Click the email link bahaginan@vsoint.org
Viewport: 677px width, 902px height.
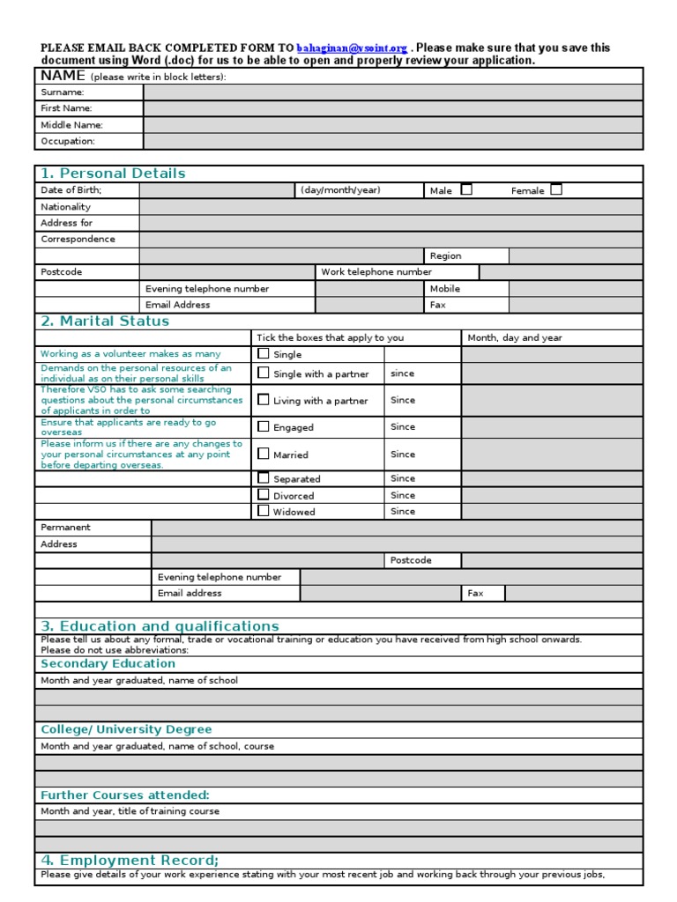(x=352, y=48)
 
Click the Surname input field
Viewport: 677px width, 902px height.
(x=392, y=92)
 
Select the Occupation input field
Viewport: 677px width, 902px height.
(x=392, y=141)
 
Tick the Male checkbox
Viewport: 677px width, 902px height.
(x=466, y=189)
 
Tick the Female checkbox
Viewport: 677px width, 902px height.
(x=556, y=189)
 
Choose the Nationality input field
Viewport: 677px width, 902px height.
(x=391, y=207)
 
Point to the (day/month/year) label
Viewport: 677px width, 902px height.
(x=340, y=190)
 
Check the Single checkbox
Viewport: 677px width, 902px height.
(x=264, y=353)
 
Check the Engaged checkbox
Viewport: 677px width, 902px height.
(x=264, y=426)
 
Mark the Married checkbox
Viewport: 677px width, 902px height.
(x=264, y=454)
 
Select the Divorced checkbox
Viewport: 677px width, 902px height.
(x=264, y=494)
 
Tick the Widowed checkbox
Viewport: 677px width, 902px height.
(x=264, y=510)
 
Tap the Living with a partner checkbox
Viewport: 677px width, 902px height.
(x=264, y=399)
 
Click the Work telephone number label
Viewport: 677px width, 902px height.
(x=376, y=272)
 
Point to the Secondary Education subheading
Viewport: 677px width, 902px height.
(x=108, y=664)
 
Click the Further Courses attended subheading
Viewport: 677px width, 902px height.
(x=125, y=795)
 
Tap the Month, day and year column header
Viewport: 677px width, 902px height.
(x=515, y=337)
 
